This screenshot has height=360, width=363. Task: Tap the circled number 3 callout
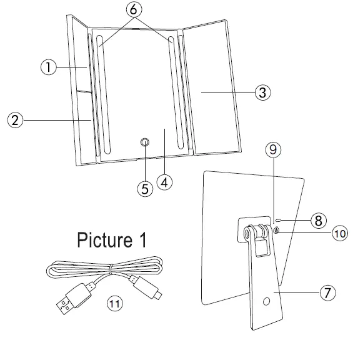coord(262,92)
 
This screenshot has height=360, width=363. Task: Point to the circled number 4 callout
coord(164,182)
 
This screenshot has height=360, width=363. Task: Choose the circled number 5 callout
coord(146,189)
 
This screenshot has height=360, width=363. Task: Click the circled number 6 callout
coord(133,11)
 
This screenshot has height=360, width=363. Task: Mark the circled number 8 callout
coord(317,220)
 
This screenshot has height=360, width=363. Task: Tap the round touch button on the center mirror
coord(146,143)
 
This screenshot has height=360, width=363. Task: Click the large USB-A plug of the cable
coord(68,299)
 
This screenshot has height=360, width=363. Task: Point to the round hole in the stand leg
coord(267,302)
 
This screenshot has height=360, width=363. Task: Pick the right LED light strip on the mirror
coord(179,94)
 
